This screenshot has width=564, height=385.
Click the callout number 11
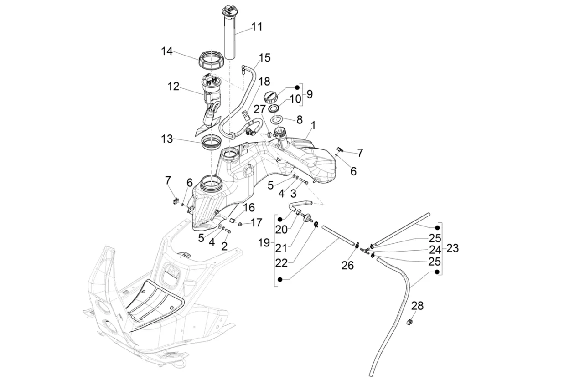(x=257, y=27)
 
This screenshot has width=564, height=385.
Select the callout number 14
(x=166, y=51)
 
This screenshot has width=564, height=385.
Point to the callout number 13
(x=167, y=139)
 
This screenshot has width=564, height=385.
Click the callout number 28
(x=417, y=306)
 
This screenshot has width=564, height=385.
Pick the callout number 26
(x=347, y=265)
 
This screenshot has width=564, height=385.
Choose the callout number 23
(x=452, y=248)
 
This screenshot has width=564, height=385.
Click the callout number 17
(x=257, y=223)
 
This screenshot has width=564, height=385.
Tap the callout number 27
(x=259, y=109)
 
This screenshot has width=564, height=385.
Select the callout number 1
(x=313, y=124)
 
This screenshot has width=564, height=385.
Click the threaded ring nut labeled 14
(x=211, y=60)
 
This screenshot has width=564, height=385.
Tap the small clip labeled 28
(x=409, y=323)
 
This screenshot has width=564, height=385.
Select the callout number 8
(x=299, y=120)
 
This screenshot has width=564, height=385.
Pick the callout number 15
(x=264, y=58)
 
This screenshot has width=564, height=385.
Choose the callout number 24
(x=435, y=250)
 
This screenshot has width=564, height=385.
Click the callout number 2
(x=224, y=246)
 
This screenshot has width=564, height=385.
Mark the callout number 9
(x=310, y=94)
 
